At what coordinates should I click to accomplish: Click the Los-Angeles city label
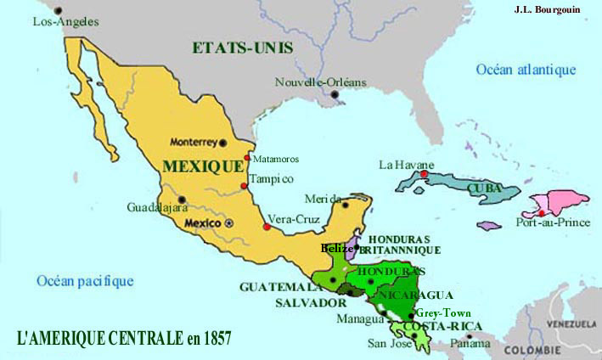65,21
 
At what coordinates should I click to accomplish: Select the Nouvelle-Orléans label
321,82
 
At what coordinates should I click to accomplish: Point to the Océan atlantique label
526,70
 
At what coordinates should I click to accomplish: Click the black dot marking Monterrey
224,142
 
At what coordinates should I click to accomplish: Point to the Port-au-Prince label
545,223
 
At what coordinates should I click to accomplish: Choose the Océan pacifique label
85,280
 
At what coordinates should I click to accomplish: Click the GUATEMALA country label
279,286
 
